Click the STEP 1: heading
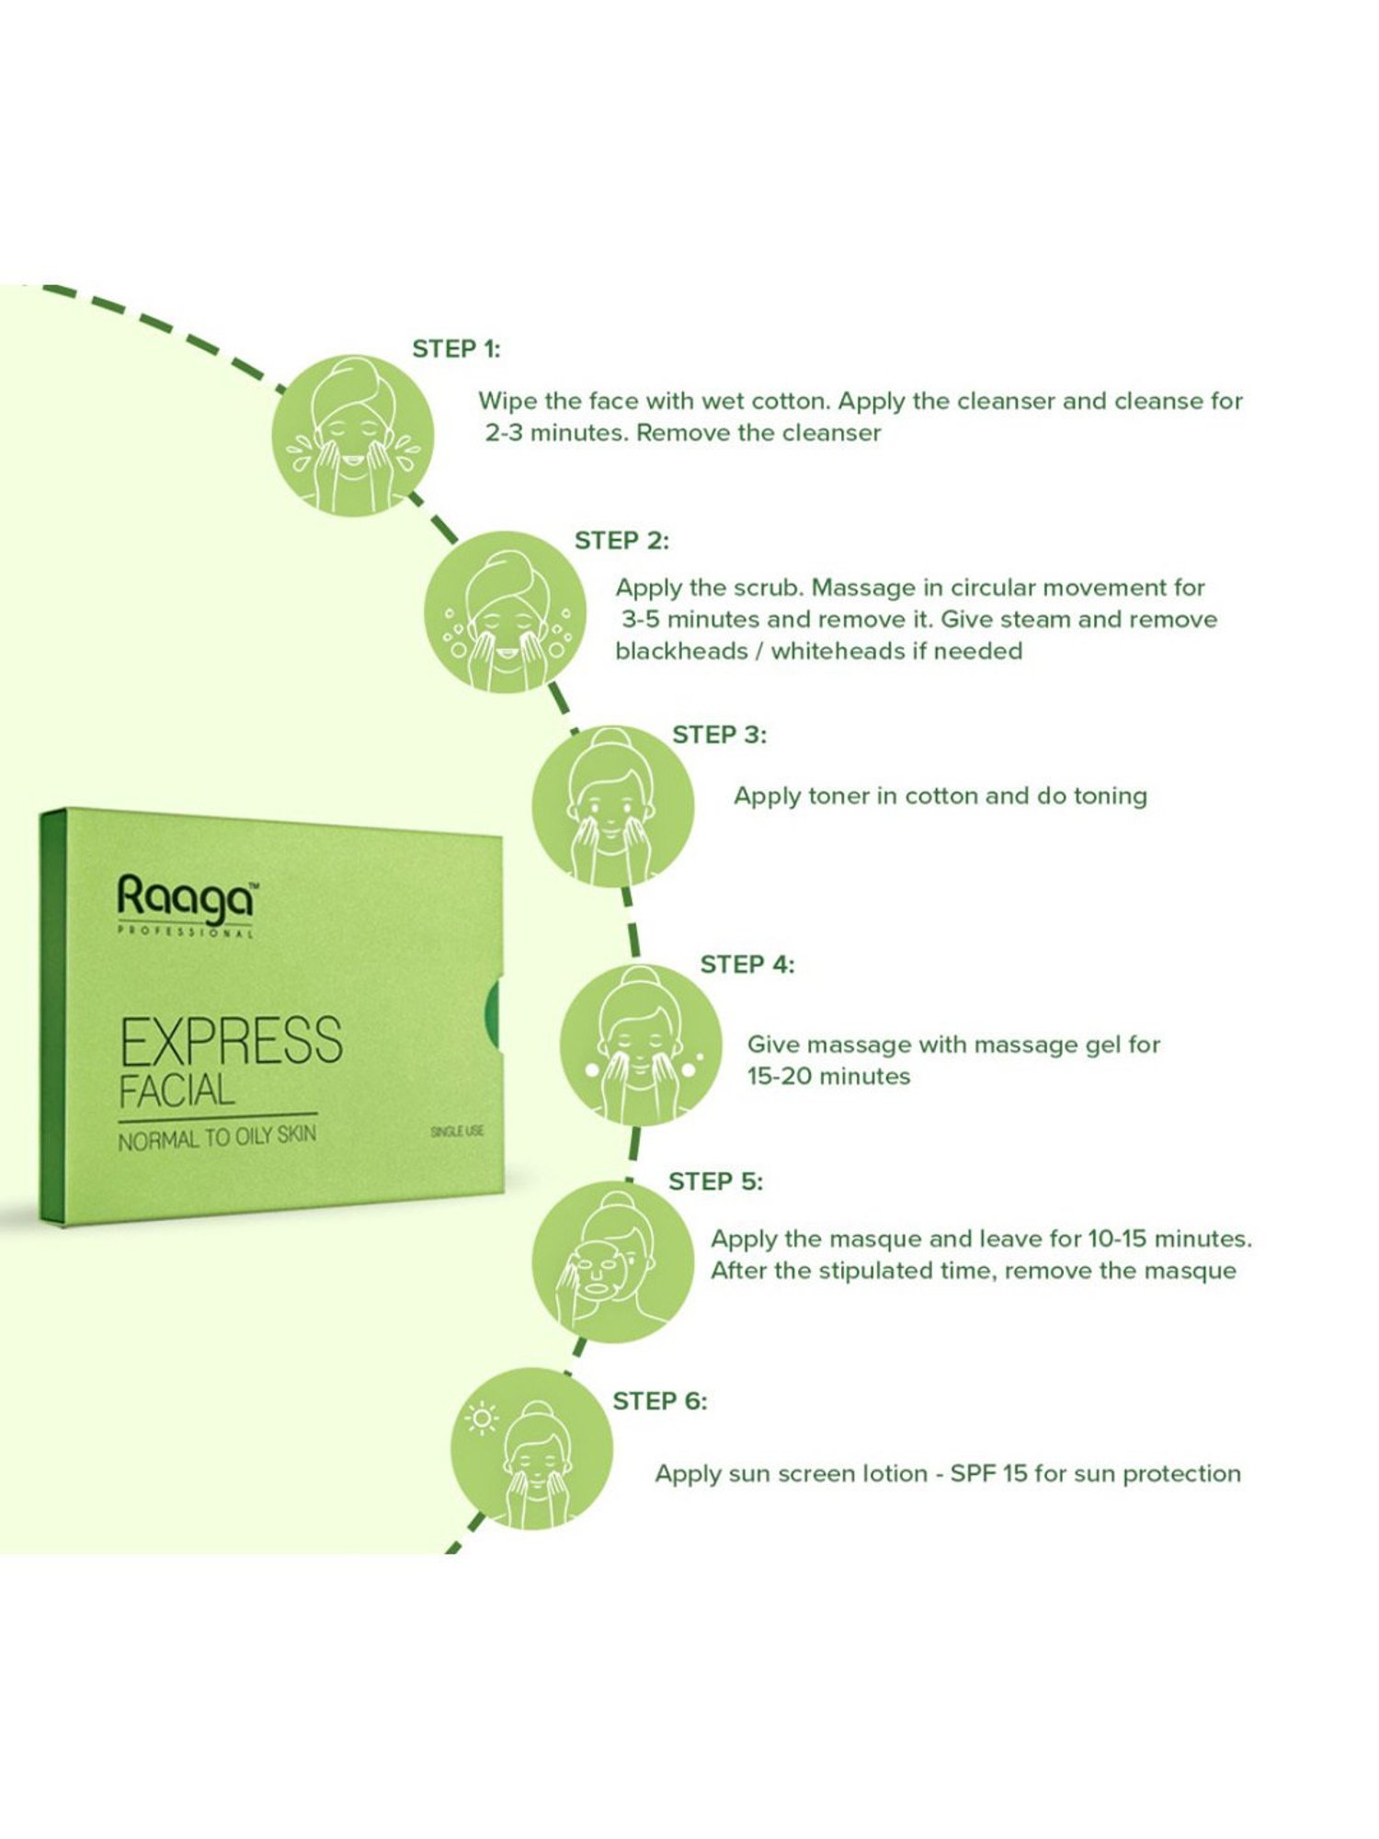[x=456, y=349]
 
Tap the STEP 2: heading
[x=621, y=541]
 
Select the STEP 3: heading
[x=719, y=735]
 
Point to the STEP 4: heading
[x=747, y=965]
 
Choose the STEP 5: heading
[x=715, y=1182]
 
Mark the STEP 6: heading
[x=660, y=1401]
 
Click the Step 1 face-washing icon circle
[x=353, y=435]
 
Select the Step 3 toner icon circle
[x=612, y=806]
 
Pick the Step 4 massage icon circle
[x=641, y=1045]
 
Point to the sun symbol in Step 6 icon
[x=481, y=1419]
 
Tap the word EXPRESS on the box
[x=232, y=1042]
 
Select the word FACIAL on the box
[x=177, y=1091]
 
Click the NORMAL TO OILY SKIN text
[x=217, y=1138]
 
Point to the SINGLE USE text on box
[x=457, y=1131]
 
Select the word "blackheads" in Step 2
[x=681, y=651]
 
